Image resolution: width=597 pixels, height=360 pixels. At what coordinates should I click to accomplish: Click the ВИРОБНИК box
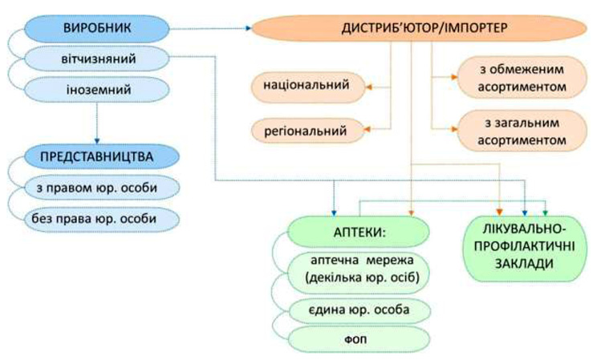(x=96, y=30)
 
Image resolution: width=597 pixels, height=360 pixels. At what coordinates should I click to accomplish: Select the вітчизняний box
(x=96, y=59)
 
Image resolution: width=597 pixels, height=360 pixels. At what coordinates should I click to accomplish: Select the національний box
(x=306, y=83)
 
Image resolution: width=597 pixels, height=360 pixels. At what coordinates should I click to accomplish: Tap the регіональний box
(x=306, y=128)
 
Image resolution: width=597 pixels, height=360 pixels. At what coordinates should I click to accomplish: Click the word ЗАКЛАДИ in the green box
(x=521, y=263)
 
